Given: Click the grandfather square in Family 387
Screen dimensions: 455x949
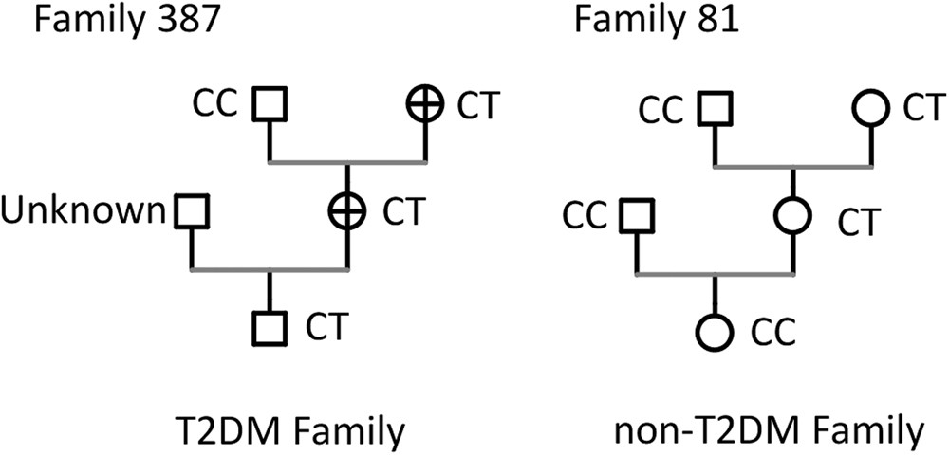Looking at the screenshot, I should [270, 105].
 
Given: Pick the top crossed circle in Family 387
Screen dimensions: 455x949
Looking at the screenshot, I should [425, 105].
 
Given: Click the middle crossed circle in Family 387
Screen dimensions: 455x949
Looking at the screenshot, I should [348, 211].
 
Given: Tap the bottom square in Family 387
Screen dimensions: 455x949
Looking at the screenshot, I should [270, 327].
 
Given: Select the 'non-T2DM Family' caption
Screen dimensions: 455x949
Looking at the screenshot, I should [769, 431].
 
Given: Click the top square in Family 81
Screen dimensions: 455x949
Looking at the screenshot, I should [716, 109].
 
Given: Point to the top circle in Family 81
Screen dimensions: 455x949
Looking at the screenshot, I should [870, 109].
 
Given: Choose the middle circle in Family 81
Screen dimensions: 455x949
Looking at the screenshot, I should [792, 217].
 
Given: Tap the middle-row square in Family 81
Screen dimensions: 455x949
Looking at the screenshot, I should [637, 217].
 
